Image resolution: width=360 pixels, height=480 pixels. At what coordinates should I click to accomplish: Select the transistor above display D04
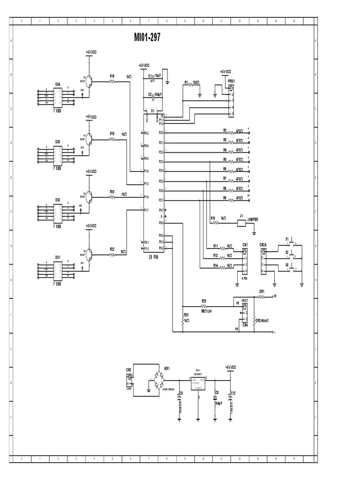pyautogui.click(x=88, y=81)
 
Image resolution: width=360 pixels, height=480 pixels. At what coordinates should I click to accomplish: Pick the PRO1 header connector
pyautogui.click(x=231, y=100)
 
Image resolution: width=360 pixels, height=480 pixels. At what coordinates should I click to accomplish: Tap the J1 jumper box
pyautogui.click(x=241, y=224)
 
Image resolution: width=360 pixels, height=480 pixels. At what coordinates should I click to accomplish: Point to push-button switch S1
pyautogui.click(x=292, y=244)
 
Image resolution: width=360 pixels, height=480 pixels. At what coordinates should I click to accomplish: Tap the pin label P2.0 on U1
pyautogui.click(x=161, y=133)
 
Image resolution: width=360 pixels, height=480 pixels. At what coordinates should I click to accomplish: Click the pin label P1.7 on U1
pyautogui.click(x=147, y=210)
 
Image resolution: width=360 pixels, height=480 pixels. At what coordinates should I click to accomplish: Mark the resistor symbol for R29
pyautogui.click(x=204, y=304)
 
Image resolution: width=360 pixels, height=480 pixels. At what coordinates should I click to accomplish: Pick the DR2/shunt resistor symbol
pyautogui.click(x=253, y=321)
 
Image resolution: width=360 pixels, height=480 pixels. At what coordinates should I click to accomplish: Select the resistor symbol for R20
pyautogui.click(x=112, y=197)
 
